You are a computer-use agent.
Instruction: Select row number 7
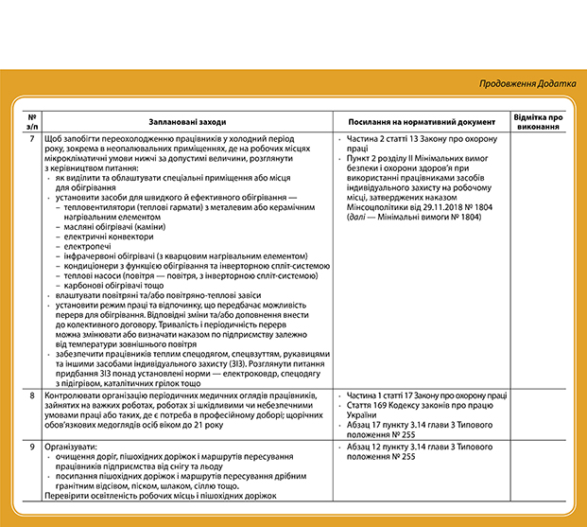coord(32,140)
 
